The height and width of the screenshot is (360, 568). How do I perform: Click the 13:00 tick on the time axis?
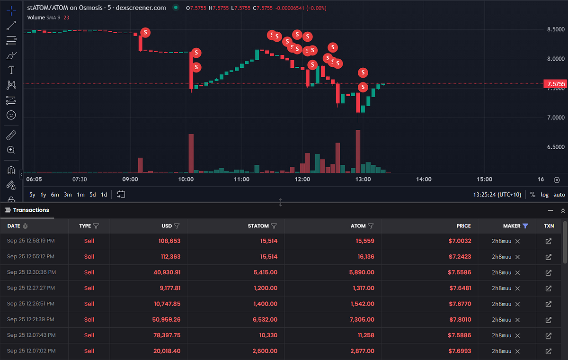[363, 180]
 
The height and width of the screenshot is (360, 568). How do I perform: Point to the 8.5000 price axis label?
[556, 29]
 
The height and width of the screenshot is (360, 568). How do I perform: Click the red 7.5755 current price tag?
[556, 84]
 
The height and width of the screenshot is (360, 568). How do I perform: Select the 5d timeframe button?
[93, 195]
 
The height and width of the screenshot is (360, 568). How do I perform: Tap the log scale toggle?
[544, 195]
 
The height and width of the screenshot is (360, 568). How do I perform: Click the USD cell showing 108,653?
[169, 241]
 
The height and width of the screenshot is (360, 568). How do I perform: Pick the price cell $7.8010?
[460, 319]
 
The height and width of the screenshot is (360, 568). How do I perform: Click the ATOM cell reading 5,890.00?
[362, 272]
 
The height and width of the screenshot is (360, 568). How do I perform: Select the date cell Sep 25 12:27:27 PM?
[31, 288]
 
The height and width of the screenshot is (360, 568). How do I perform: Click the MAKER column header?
[512, 226]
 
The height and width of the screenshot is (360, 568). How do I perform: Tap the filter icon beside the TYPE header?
[96, 226]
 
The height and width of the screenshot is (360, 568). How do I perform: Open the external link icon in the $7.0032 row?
[548, 241]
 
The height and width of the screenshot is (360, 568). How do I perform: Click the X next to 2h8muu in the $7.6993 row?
[517, 351]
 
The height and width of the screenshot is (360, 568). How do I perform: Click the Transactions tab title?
[31, 210]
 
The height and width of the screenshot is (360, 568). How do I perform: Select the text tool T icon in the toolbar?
[11, 70]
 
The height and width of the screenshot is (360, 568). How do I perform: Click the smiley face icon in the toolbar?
[11, 115]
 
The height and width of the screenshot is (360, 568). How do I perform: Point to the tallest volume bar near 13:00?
[358, 151]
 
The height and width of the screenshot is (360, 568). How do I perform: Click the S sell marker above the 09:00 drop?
[145, 33]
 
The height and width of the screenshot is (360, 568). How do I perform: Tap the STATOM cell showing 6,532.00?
[265, 319]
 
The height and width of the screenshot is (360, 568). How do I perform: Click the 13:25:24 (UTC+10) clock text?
[497, 195]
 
